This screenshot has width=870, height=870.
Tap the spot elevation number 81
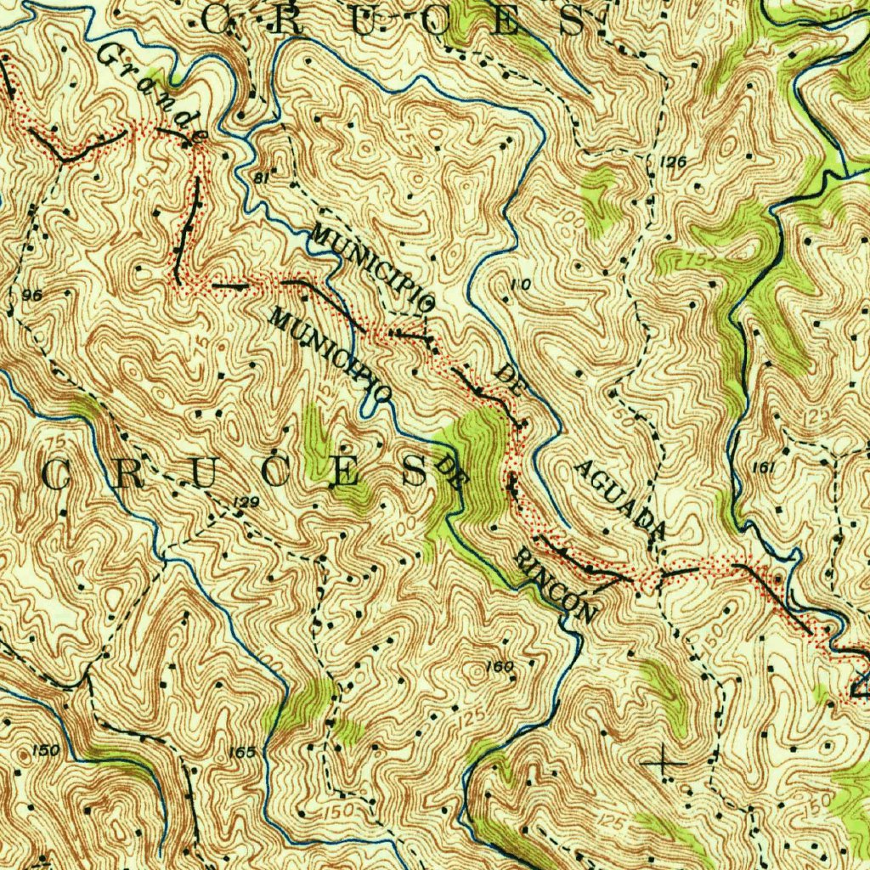261,178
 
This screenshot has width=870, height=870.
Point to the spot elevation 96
34,295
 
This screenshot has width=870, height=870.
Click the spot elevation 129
246,504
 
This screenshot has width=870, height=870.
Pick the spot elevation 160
500,666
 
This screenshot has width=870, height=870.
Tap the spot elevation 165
242,752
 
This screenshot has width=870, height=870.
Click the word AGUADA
619,499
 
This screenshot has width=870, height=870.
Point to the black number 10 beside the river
521,286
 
